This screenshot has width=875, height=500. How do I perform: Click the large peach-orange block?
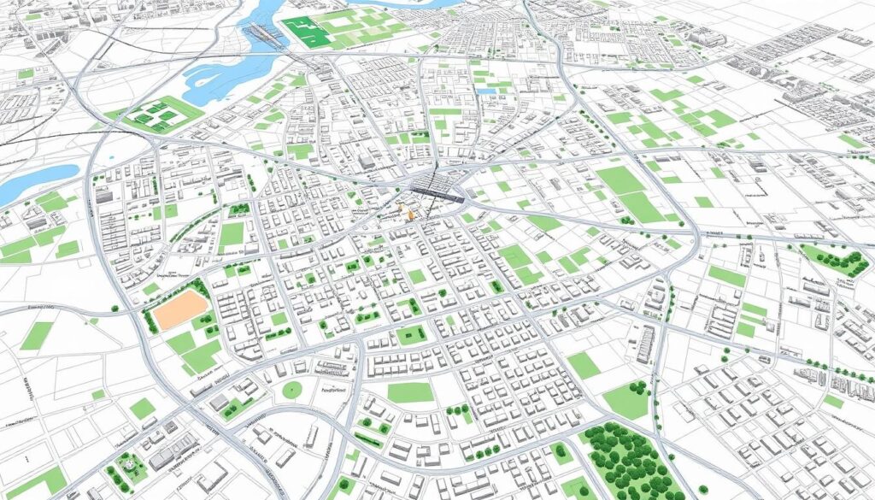179,310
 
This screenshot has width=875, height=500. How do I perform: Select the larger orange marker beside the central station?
411,214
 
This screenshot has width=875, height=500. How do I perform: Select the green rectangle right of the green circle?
410,391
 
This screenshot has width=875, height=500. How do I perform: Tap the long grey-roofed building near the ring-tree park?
171,450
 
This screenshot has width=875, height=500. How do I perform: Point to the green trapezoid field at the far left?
36,335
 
